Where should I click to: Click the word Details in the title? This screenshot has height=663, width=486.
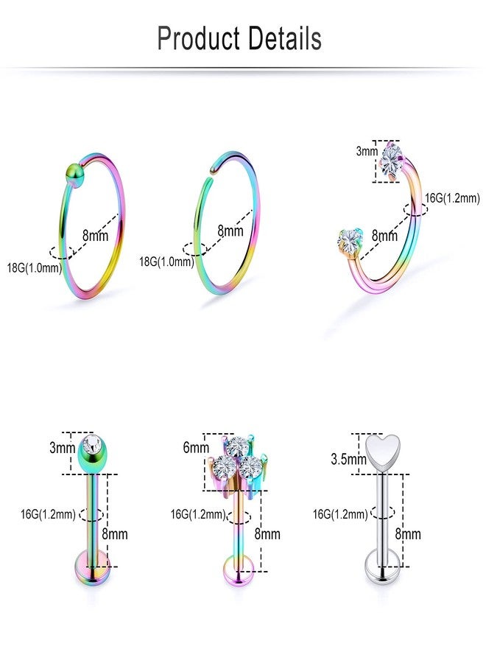[285, 38]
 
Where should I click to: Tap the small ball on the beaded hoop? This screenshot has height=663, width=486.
[74, 174]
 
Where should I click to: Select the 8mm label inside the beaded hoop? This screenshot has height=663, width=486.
[95, 235]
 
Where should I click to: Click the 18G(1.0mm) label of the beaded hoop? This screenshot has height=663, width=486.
[34, 267]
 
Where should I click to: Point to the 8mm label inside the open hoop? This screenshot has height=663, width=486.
[230, 231]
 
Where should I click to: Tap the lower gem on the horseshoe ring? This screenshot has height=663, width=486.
[350, 241]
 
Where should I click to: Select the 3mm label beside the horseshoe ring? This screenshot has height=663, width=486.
[366, 151]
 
